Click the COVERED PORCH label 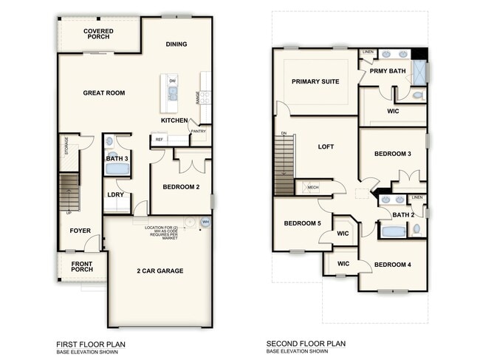point(98,35)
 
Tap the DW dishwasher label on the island point(172,81)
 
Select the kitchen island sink point(172,93)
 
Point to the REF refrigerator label point(159,138)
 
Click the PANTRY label point(198,132)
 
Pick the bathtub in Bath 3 point(117,169)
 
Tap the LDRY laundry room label point(115,194)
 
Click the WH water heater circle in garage point(205,222)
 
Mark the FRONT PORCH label point(82,268)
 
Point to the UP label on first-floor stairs point(69,212)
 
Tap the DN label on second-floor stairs point(283,134)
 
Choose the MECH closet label point(312,188)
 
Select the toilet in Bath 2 point(417,229)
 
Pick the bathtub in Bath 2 point(393,231)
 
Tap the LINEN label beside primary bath point(368,52)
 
